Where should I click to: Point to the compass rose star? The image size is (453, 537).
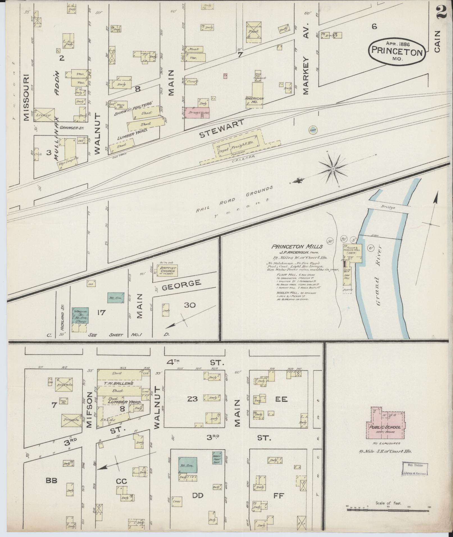pyautogui.click(x=333, y=169)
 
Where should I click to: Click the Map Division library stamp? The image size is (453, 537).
pyautogui.click(x=415, y=469)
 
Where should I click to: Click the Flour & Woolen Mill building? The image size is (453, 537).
pyautogui.click(x=352, y=253)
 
